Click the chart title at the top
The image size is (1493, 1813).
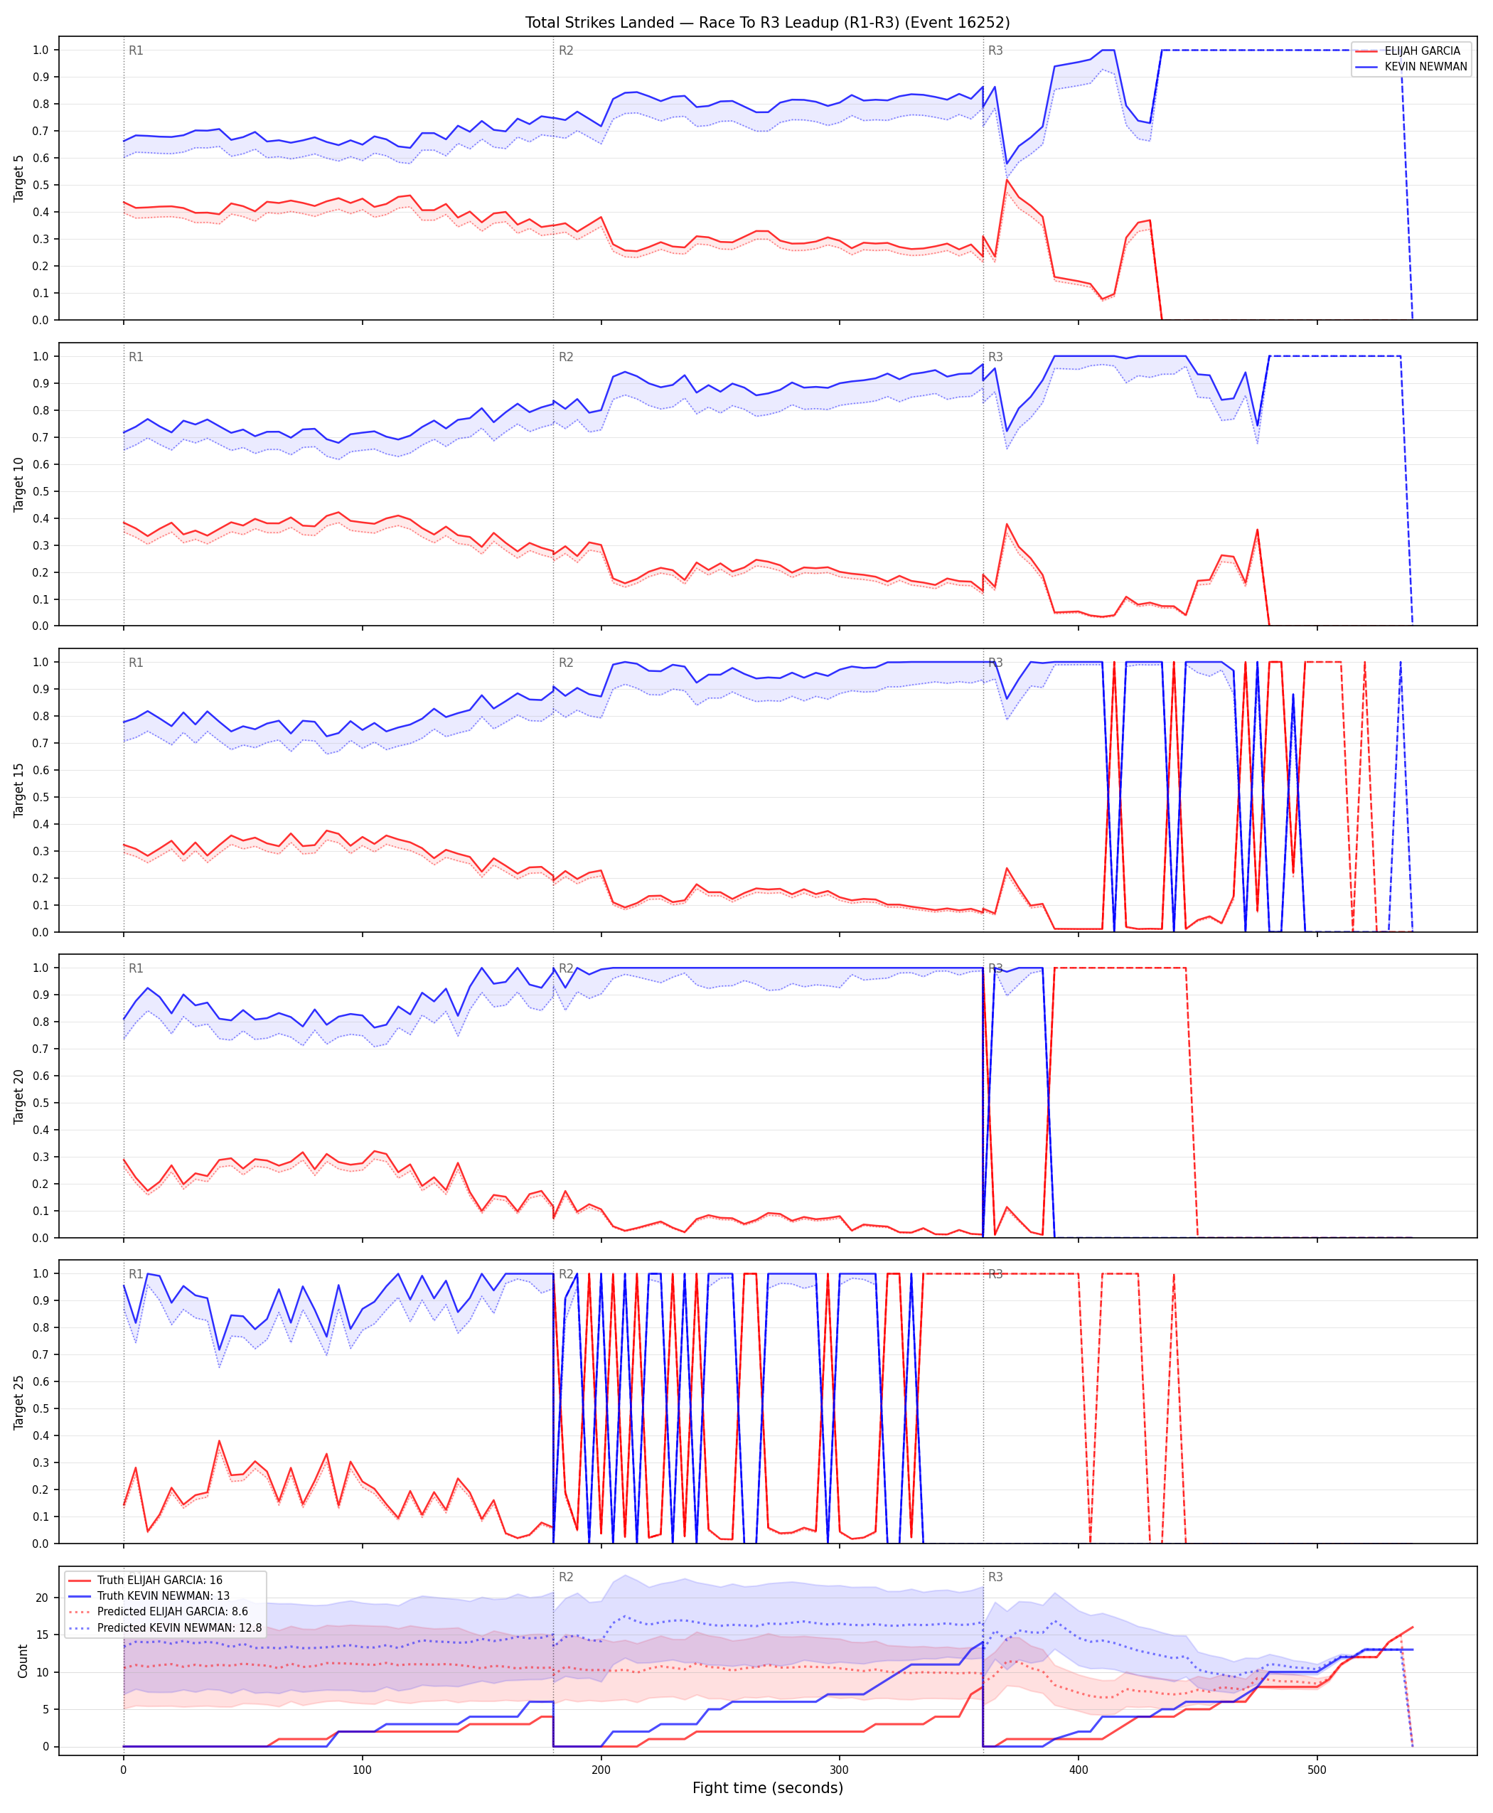[x=767, y=22]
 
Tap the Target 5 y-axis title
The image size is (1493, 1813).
[x=19, y=178]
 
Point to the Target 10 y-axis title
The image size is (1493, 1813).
[x=19, y=484]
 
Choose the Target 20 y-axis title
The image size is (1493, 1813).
[x=19, y=1096]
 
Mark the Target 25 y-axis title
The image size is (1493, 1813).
[x=19, y=1402]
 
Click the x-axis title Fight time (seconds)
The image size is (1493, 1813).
[x=767, y=1787]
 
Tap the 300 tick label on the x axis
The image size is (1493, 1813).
[x=840, y=1769]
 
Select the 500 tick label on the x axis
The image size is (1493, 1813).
[x=1317, y=1769]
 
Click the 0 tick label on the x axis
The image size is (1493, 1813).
[x=123, y=1769]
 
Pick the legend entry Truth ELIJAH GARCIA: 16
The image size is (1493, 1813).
[x=160, y=1580]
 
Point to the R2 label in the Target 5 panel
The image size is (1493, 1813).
[x=566, y=50]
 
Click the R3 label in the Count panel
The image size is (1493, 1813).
[x=995, y=1576]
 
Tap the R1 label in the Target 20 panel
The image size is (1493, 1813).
[x=136, y=968]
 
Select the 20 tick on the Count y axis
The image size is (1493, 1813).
[x=42, y=1598]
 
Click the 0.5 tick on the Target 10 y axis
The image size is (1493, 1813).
[x=40, y=491]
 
